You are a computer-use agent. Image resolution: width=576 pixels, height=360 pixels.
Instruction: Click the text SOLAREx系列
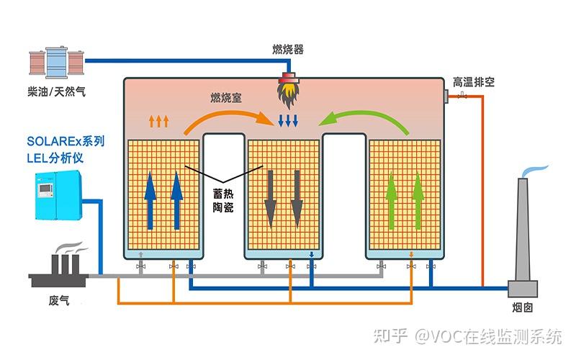(66, 141)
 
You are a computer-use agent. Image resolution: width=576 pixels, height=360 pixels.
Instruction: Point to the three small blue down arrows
(288, 120)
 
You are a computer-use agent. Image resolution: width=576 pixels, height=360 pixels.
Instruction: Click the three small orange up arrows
(158, 120)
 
